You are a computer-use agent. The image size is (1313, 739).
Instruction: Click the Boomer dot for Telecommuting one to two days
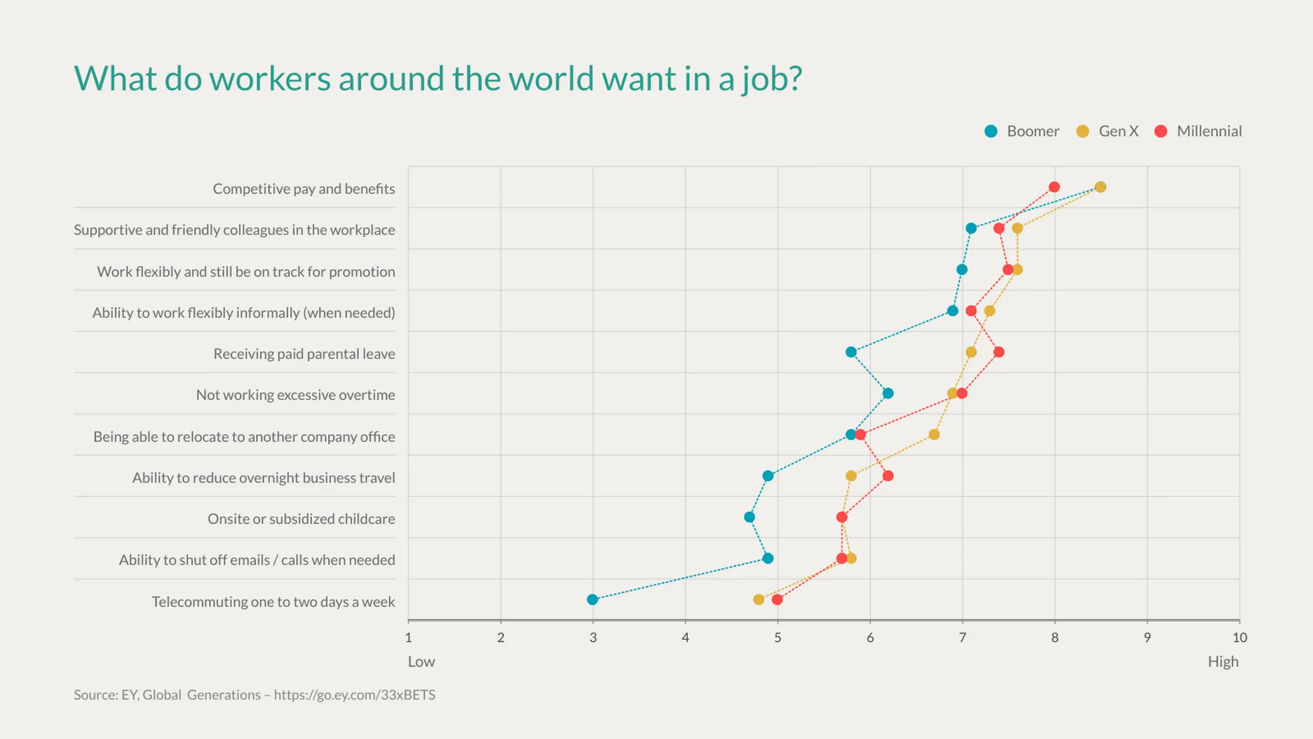[x=592, y=599]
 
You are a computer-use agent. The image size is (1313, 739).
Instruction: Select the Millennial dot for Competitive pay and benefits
[x=1054, y=187]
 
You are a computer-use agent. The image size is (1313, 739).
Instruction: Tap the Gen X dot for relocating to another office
[x=934, y=435]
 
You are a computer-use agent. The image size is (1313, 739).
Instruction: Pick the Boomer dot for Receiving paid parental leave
[x=851, y=352]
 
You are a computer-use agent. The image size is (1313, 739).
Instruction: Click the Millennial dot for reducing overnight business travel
[x=888, y=476]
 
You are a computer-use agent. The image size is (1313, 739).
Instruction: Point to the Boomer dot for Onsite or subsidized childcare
[x=749, y=517]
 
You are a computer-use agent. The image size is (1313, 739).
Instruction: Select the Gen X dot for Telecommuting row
[x=758, y=599]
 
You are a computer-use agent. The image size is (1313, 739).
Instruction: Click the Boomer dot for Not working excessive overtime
[x=888, y=394]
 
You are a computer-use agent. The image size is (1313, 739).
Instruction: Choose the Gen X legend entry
[x=1107, y=131]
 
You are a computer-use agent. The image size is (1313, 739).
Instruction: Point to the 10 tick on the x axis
[x=1239, y=637]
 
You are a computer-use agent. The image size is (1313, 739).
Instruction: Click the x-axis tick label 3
[x=593, y=637]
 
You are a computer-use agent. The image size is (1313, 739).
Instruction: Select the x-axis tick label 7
[x=962, y=637]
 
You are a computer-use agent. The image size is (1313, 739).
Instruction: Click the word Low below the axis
[x=421, y=661]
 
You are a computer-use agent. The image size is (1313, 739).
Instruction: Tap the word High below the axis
[x=1223, y=661]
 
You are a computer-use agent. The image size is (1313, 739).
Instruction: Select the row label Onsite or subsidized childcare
[x=301, y=519]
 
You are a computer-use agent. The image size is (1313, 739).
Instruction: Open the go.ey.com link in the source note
[x=354, y=695]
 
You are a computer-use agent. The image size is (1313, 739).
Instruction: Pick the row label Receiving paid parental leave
[x=304, y=353]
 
